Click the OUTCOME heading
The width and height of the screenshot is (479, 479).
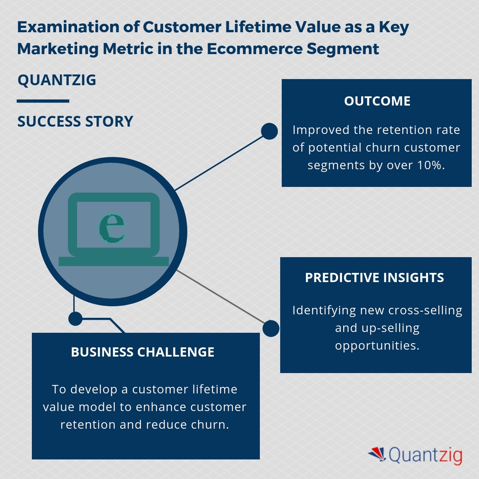tap(377, 101)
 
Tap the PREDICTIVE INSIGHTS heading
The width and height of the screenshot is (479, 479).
tap(374, 277)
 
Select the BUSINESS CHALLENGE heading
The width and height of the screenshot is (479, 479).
tap(142, 352)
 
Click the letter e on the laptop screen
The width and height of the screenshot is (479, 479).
tap(112, 227)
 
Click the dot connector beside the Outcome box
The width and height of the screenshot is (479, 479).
tap(269, 131)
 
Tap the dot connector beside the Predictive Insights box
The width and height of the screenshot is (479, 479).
tap(271, 329)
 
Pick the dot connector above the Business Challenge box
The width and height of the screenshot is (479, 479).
tap(75, 319)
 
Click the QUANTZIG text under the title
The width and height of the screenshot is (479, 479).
tap(57, 80)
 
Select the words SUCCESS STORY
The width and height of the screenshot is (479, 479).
tap(75, 122)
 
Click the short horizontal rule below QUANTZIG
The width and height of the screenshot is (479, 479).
tap(43, 101)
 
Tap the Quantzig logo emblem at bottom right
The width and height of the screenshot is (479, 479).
tap(377, 454)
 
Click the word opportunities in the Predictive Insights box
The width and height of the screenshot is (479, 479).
tap(377, 345)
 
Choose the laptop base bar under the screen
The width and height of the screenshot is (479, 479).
tap(114, 261)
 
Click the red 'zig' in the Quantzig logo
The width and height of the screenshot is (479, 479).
tap(449, 456)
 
